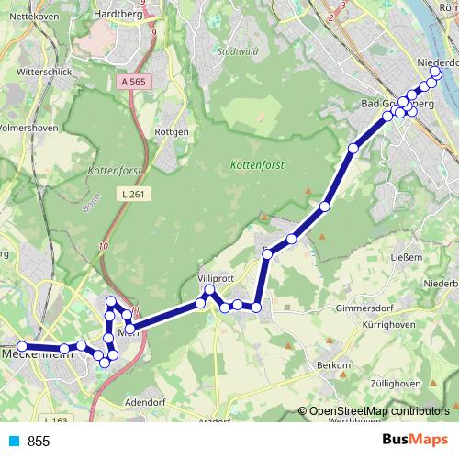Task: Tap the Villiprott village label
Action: point(216,277)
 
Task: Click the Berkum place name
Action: point(335,365)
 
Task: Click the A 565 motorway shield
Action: point(132,82)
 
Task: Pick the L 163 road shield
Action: point(55,420)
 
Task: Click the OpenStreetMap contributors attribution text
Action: point(378,411)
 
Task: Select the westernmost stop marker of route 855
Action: point(22,346)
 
